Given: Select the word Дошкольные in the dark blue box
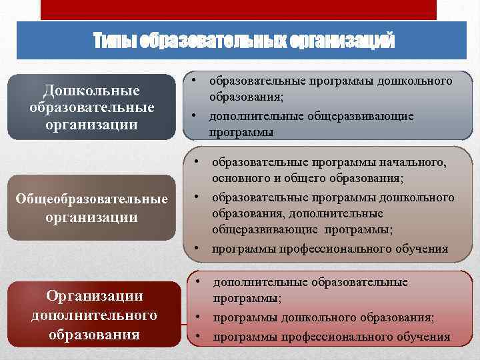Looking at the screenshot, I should click(91, 90).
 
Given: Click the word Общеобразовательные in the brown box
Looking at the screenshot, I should click(93, 199).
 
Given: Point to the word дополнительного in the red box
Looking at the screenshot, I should click(94, 314).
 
